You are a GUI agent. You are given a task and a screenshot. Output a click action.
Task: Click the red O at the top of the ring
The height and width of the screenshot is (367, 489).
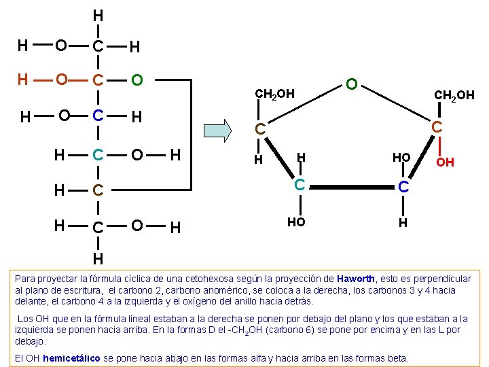coord(352,84)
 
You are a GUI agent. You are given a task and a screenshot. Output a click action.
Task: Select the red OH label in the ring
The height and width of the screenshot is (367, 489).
coord(445,162)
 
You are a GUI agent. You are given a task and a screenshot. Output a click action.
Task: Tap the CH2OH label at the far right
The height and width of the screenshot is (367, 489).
coord(454,95)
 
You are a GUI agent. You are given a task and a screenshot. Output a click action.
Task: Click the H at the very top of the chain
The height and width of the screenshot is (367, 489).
coord(98,15)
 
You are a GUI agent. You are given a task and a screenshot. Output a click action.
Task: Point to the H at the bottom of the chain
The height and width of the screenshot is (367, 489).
coord(98,258)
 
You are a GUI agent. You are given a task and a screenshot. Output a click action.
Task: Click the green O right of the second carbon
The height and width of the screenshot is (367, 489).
coord(137,80)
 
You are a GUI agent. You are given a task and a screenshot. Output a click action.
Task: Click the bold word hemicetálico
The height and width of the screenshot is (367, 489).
coord(71,357)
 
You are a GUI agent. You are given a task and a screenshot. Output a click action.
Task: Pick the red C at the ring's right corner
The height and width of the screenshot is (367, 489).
coord(437,126)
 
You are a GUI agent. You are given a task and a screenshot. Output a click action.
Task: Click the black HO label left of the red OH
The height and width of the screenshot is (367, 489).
coord(401,157)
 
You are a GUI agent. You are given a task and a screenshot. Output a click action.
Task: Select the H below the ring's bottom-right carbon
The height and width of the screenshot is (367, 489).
coord(403,222)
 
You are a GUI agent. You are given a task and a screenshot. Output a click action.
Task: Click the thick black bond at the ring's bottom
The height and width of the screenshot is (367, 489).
coord(351,184)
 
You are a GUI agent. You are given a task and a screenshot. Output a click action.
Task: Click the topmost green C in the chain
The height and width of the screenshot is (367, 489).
coord(98,46)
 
